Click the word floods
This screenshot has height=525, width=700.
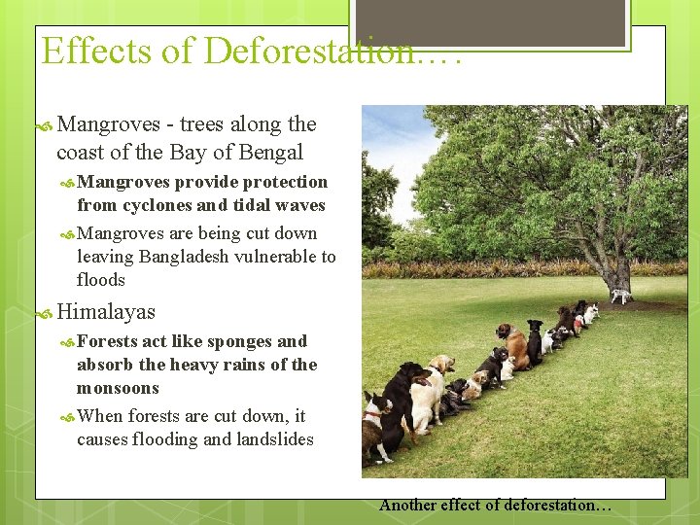point(101,280)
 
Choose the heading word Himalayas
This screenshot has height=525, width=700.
point(106,311)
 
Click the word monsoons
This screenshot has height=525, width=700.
point(118,388)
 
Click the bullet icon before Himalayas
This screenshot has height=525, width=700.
point(44,312)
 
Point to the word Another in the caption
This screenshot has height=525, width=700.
point(407,505)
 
